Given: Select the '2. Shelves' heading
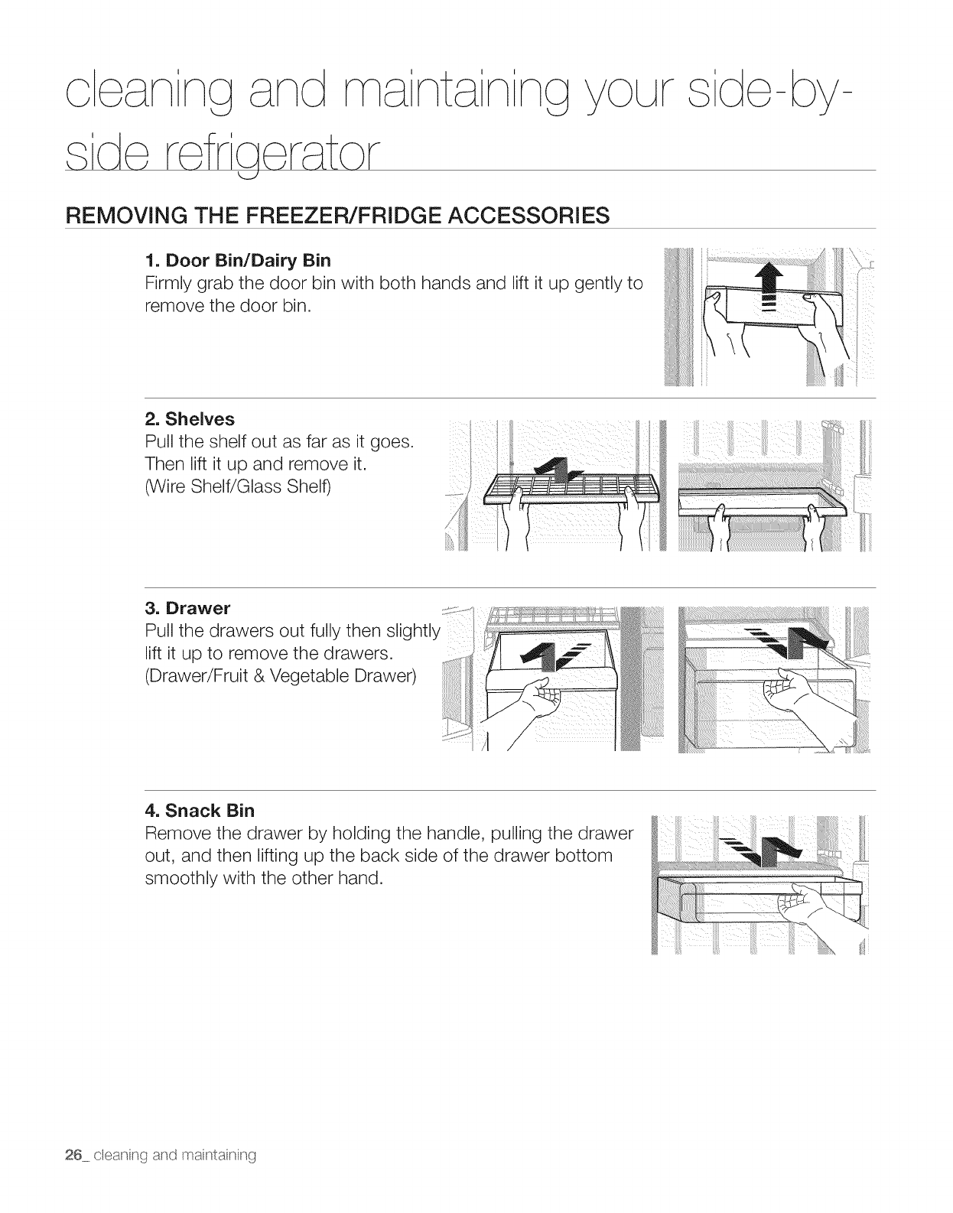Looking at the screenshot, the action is (x=190, y=419).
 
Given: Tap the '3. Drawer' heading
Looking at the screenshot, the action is (x=187, y=609).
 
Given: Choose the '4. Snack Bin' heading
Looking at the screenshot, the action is (x=200, y=810).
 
